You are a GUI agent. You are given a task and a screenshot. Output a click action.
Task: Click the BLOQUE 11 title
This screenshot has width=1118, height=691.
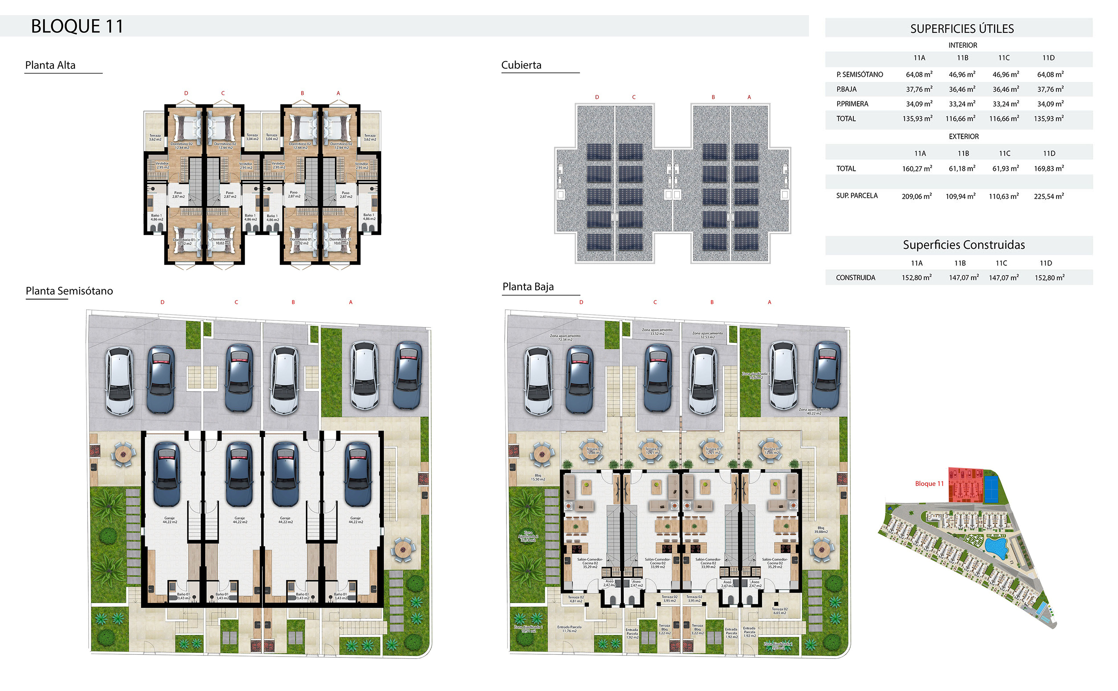pos(77,26)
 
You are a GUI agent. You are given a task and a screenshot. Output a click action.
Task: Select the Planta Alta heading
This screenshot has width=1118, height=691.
pos(50,65)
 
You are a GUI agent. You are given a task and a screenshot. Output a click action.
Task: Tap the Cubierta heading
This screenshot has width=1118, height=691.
pos(521,65)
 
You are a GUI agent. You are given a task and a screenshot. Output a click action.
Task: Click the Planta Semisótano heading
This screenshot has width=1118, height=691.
pos(69,291)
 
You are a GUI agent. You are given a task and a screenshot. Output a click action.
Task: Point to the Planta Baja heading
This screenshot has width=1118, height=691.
pos(528,287)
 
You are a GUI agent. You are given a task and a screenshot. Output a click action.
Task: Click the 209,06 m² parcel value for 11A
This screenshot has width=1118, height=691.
pos(916,196)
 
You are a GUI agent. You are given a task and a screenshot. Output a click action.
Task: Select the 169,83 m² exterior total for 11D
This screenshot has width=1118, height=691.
pos(1048,168)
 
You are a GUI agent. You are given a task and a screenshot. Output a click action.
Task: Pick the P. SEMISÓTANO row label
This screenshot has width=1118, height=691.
pos(859,74)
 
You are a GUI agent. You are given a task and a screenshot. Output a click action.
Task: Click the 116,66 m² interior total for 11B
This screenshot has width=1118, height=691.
pos(960,119)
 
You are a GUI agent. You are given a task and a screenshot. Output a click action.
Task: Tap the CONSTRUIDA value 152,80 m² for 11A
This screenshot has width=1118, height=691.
pos(916,278)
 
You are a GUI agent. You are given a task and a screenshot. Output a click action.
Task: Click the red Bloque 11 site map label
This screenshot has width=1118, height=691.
pos(929,484)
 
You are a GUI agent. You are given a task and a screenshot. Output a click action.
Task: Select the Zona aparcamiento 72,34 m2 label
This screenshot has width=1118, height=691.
pos(565,338)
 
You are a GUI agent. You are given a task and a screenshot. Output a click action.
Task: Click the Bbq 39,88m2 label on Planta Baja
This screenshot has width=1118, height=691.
pos(820,530)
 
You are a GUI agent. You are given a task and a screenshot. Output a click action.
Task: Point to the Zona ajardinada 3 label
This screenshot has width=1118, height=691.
pos(755,375)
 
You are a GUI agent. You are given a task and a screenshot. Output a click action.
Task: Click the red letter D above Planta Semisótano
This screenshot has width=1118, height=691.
pos(162,303)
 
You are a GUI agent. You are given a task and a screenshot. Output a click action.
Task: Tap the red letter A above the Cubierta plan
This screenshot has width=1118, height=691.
pos(749,97)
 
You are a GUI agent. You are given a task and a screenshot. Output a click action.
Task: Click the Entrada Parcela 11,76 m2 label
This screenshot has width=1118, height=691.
pos(569,629)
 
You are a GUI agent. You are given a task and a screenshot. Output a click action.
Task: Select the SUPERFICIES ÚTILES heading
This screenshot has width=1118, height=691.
pos(962,29)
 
